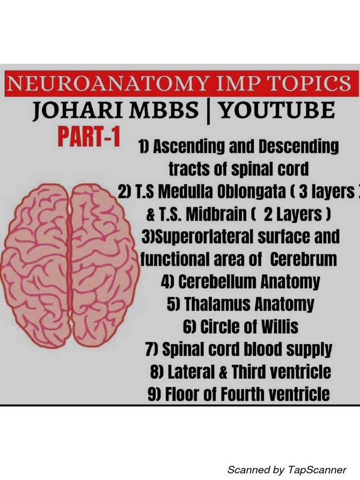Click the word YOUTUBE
(x=277, y=112)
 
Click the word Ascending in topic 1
(x=190, y=147)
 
